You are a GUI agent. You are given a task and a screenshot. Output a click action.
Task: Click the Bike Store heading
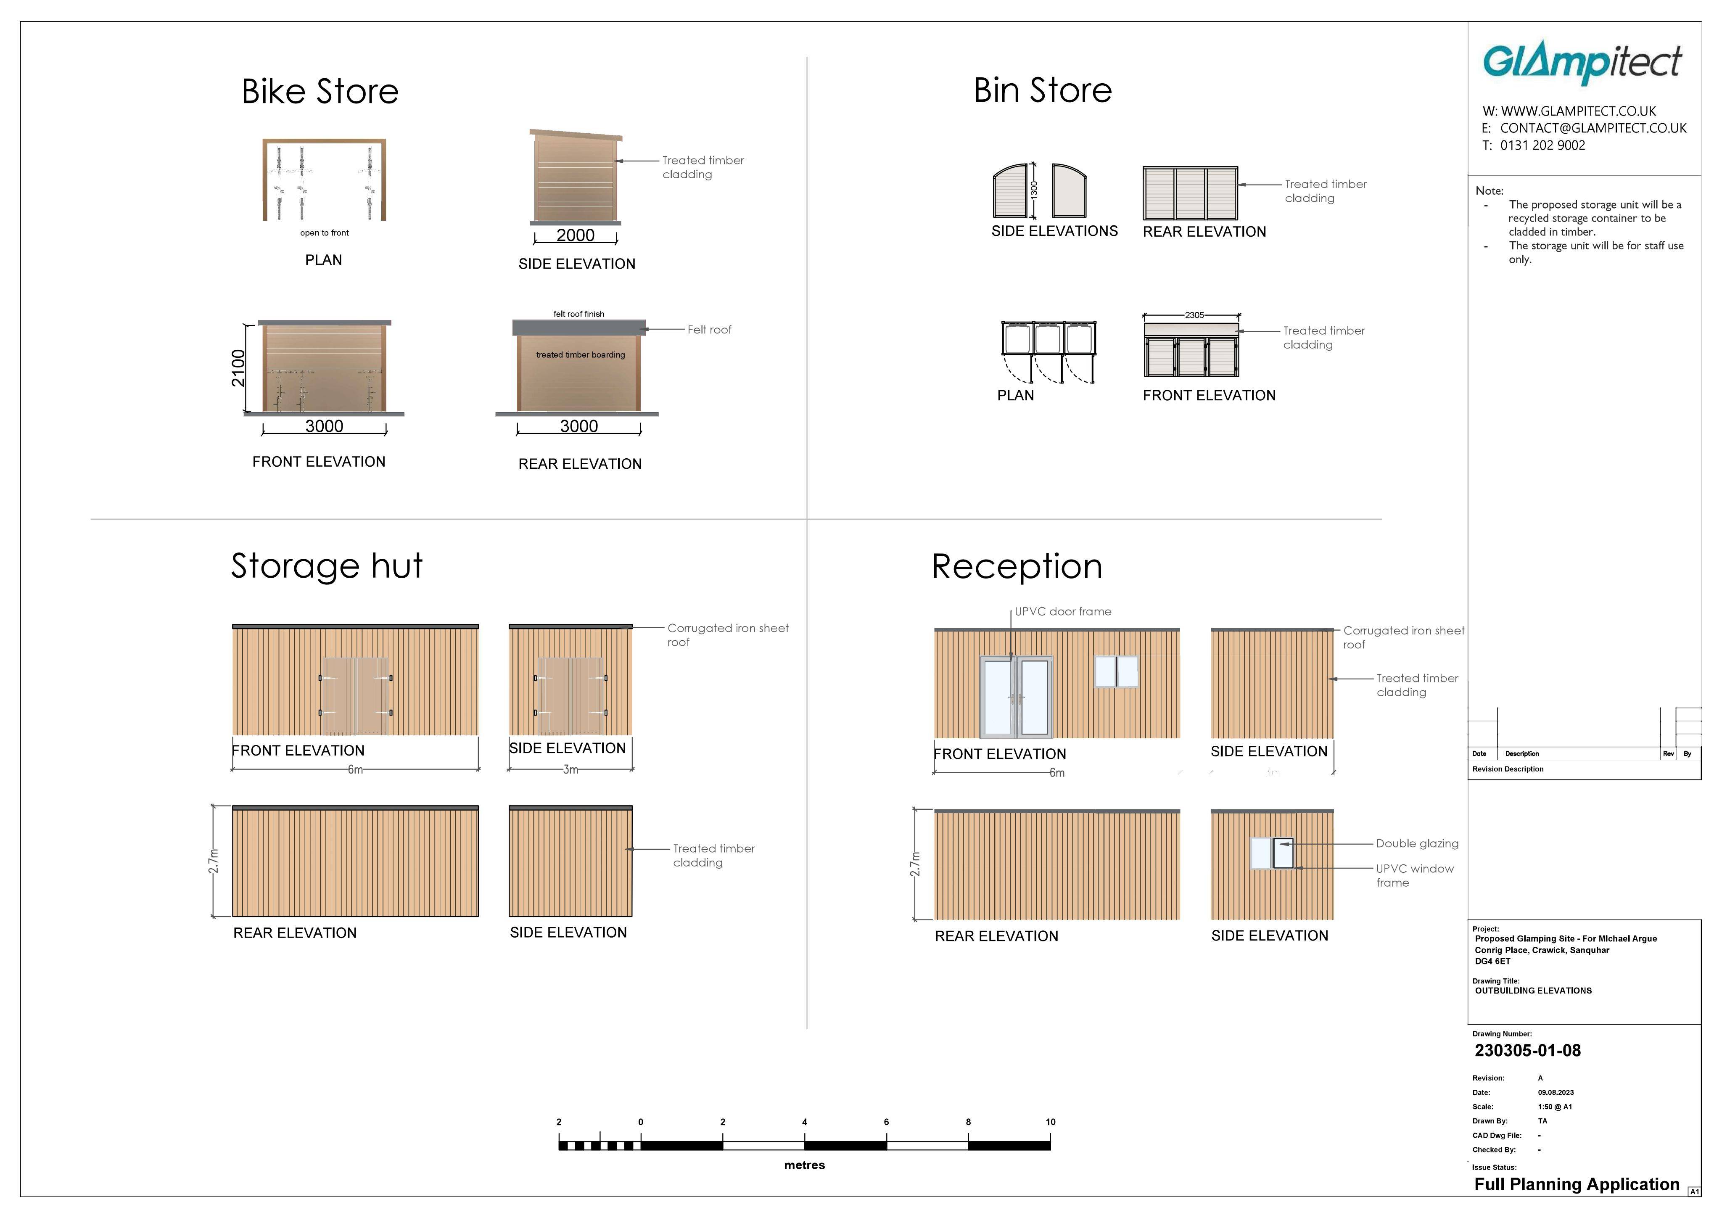320,92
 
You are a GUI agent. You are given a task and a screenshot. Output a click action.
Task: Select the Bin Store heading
1043,90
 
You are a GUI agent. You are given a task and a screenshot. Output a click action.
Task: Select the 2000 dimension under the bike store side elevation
575,235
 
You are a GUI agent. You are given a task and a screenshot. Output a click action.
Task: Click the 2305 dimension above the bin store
1194,315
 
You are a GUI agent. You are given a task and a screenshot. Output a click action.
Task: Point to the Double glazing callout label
1418,844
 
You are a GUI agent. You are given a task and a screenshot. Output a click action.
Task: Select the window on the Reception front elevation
1117,671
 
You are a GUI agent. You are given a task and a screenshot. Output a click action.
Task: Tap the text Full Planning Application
1577,1184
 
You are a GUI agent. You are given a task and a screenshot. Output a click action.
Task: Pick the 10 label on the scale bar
1050,1122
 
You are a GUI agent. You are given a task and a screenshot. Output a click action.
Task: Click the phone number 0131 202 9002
1543,145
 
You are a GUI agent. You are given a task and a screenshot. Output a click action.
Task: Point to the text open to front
324,233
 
